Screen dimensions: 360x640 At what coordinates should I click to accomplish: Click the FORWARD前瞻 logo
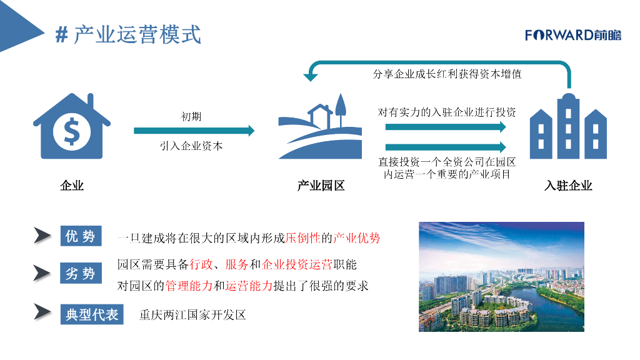pos(573,35)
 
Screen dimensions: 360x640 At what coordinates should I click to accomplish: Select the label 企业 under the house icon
pos(72,186)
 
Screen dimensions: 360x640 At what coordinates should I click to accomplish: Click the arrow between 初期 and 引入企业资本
pos(194,131)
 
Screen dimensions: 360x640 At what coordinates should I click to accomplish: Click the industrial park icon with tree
pos(320,126)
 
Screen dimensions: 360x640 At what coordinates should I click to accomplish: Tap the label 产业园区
pos(321,186)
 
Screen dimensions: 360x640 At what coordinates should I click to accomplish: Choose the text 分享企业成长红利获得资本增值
pos(447,74)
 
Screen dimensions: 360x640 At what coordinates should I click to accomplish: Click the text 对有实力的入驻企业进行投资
pos(447,112)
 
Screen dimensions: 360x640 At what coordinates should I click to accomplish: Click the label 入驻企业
pos(568,186)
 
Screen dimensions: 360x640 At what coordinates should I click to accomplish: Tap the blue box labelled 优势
pos(80,236)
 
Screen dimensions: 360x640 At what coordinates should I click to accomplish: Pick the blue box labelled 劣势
pos(80,273)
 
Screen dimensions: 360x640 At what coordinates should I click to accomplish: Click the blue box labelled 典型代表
pos(92,314)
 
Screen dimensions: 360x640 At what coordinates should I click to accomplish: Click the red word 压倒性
pos(302,238)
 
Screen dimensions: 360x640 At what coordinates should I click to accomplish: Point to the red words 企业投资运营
pos(297,264)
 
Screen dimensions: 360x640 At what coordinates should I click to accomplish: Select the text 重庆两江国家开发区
pos(192,314)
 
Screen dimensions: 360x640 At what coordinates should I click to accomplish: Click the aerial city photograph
pos(501,276)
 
